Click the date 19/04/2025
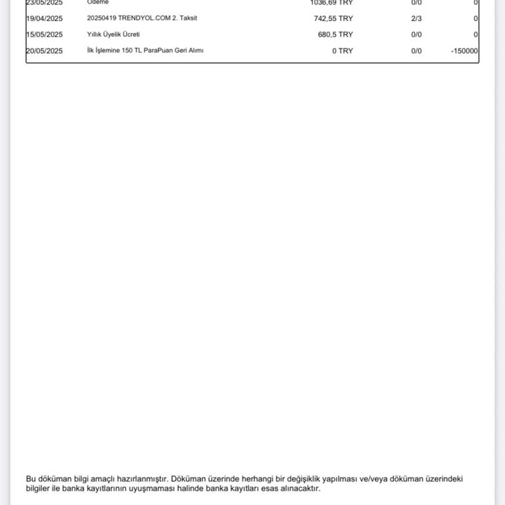coord(44,18)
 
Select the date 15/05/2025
coord(44,35)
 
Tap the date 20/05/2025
coord(44,51)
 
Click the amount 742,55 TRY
coord(333,18)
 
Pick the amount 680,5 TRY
coord(335,35)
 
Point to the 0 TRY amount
coord(342,51)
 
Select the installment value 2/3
coord(416,18)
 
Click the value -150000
coord(464,51)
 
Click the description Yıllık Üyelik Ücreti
coord(113,35)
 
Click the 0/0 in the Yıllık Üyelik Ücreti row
coord(416,35)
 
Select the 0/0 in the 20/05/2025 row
coord(416,51)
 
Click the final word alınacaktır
coord(299,489)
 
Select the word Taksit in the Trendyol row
coord(187,18)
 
